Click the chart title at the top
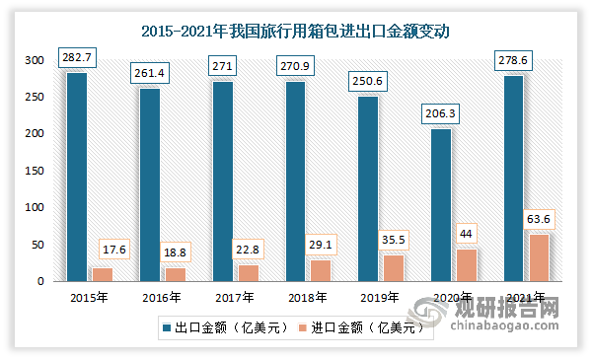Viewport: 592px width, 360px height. (296, 31)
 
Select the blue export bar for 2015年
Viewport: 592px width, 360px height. (76, 178)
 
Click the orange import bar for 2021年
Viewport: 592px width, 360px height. (539, 257)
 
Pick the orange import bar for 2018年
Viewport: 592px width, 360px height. (321, 270)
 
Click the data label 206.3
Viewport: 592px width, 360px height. (441, 113)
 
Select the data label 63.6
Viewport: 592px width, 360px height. (539, 219)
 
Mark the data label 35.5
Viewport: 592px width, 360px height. (394, 240)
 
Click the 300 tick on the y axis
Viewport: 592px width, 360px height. (35, 61)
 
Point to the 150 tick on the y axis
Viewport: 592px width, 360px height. (35, 171)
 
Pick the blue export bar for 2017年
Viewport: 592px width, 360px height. (222, 181)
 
